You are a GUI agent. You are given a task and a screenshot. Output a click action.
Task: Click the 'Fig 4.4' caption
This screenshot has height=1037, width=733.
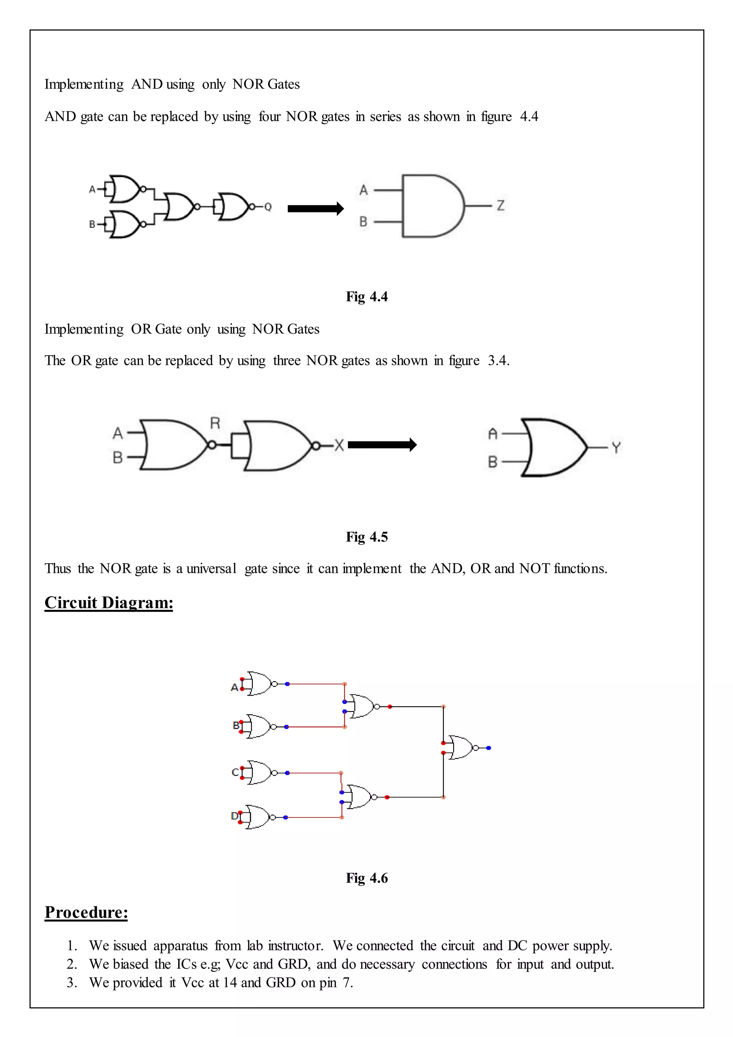(x=366, y=297)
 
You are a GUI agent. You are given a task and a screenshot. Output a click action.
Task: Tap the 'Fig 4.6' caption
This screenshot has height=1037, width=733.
(x=366, y=878)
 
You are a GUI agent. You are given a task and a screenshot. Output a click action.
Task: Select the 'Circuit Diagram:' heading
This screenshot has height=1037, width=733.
(x=109, y=603)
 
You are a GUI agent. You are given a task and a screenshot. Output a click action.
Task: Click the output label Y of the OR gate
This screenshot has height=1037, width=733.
(x=616, y=448)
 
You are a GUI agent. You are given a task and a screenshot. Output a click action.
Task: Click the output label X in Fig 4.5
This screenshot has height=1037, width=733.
(x=339, y=445)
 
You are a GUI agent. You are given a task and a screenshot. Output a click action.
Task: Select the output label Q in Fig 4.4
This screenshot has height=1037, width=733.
(x=268, y=207)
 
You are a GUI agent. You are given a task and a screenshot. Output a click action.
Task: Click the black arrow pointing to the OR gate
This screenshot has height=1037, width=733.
(x=382, y=445)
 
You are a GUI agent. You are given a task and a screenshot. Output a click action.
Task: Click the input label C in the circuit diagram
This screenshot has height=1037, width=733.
(x=235, y=772)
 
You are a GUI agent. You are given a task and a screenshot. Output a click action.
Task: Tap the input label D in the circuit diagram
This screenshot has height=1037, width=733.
(x=234, y=816)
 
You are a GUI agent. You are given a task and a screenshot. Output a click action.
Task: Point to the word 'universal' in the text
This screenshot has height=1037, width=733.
(x=211, y=568)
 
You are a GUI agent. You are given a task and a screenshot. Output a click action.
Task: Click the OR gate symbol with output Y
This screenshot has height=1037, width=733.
(x=555, y=448)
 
